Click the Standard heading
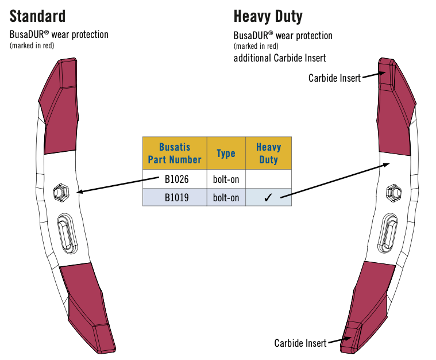pyautogui.click(x=38, y=16)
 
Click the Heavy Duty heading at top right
pyautogui.click(x=268, y=16)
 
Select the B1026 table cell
pyautogui.click(x=175, y=179)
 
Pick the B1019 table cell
pyautogui.click(x=175, y=197)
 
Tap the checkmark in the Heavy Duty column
pyautogui.click(x=268, y=198)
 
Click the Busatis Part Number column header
pyautogui.click(x=175, y=153)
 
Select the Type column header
pyautogui.click(x=226, y=153)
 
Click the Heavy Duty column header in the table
pyautogui.click(x=268, y=153)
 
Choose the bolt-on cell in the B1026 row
pyautogui.click(x=226, y=179)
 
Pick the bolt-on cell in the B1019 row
pyautogui.click(x=226, y=197)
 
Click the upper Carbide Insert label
pyautogui.click(x=334, y=78)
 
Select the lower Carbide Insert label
pyautogui.click(x=300, y=343)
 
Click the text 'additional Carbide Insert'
pyautogui.click(x=280, y=58)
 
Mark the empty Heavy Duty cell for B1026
pyautogui.click(x=268, y=179)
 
